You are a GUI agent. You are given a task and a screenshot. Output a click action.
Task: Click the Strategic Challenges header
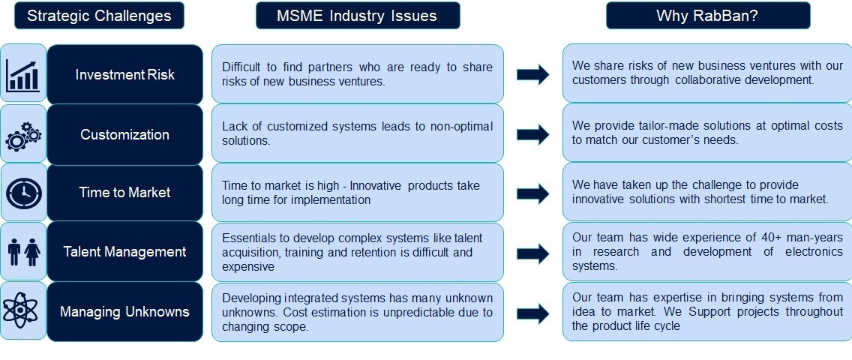click(99, 15)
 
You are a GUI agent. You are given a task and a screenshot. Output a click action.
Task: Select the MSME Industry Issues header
click(358, 15)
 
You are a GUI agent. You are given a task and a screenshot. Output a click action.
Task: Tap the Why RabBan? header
click(707, 15)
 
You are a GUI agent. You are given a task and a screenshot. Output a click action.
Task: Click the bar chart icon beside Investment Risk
click(22, 76)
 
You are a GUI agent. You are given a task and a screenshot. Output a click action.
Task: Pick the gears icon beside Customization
click(22, 136)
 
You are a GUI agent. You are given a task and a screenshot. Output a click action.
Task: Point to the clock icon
click(23, 193)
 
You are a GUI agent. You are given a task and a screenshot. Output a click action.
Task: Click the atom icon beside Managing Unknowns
click(22, 310)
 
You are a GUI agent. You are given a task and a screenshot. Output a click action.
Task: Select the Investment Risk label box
click(124, 74)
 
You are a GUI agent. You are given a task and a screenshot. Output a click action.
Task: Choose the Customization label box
click(124, 134)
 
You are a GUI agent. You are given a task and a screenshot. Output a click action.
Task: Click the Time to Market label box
click(124, 192)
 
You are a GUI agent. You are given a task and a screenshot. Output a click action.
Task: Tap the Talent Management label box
click(124, 251)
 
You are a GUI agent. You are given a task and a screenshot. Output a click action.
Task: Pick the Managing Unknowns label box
click(124, 312)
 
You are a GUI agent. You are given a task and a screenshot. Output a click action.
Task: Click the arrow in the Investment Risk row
click(532, 74)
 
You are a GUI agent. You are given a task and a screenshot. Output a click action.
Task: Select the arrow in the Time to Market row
click(532, 193)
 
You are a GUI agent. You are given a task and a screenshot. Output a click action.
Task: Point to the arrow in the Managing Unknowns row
click(532, 313)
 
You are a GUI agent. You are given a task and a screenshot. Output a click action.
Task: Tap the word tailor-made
click(655, 126)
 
